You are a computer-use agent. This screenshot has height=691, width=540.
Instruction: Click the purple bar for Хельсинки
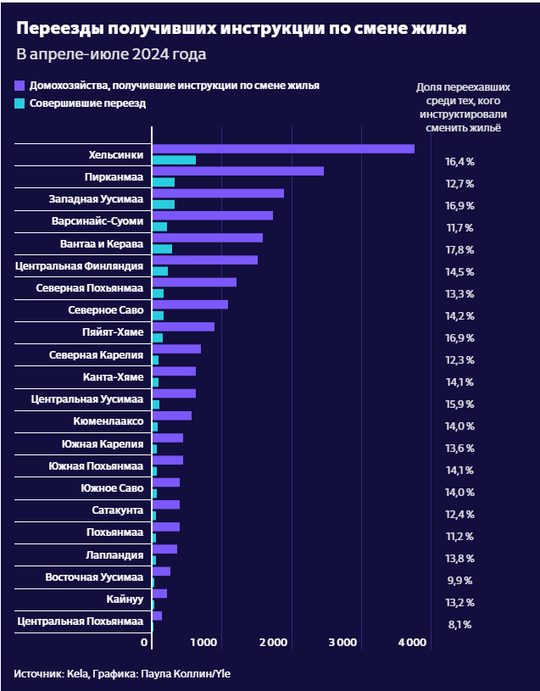(282, 149)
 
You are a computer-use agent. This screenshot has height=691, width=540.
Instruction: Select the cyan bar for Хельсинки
(174, 160)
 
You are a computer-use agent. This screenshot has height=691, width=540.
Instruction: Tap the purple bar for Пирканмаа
(237, 171)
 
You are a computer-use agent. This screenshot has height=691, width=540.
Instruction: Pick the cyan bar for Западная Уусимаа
(163, 204)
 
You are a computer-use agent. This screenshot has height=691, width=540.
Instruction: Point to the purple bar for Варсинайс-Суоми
(212, 215)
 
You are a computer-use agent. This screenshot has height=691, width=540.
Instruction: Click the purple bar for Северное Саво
(190, 304)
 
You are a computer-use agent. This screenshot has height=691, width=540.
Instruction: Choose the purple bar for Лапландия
(164, 549)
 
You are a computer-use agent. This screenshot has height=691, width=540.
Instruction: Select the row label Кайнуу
(125, 599)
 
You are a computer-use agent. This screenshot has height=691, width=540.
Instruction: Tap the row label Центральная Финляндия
(80, 266)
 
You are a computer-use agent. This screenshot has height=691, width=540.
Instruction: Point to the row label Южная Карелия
(103, 443)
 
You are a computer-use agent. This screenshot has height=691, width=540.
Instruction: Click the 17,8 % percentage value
(459, 250)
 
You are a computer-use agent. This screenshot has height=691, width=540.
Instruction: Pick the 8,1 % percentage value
(459, 625)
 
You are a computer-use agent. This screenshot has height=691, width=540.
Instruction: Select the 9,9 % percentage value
(459, 581)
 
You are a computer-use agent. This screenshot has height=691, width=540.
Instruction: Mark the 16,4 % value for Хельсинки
(459, 162)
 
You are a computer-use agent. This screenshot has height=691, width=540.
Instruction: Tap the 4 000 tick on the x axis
(411, 644)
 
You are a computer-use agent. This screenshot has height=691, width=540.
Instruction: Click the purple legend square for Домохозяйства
(20, 86)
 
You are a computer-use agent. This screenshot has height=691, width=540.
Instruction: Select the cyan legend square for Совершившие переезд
(20, 103)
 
